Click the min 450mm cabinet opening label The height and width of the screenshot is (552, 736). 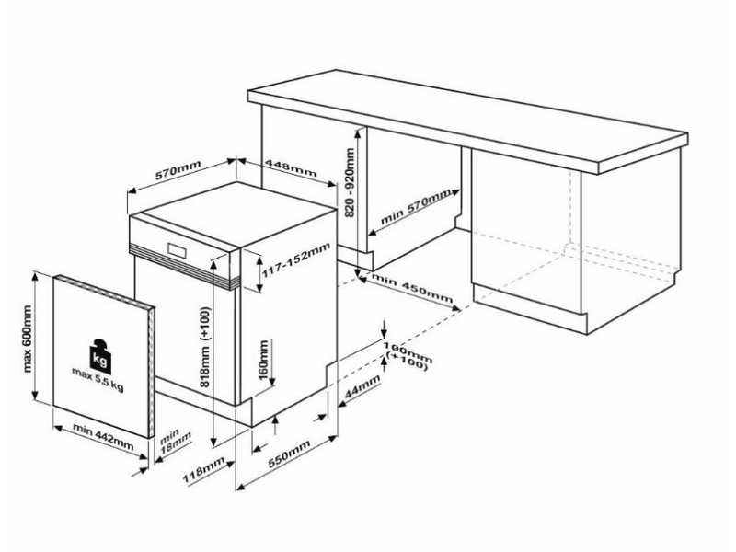coord(411,288)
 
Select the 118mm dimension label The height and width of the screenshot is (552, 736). coord(203,474)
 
